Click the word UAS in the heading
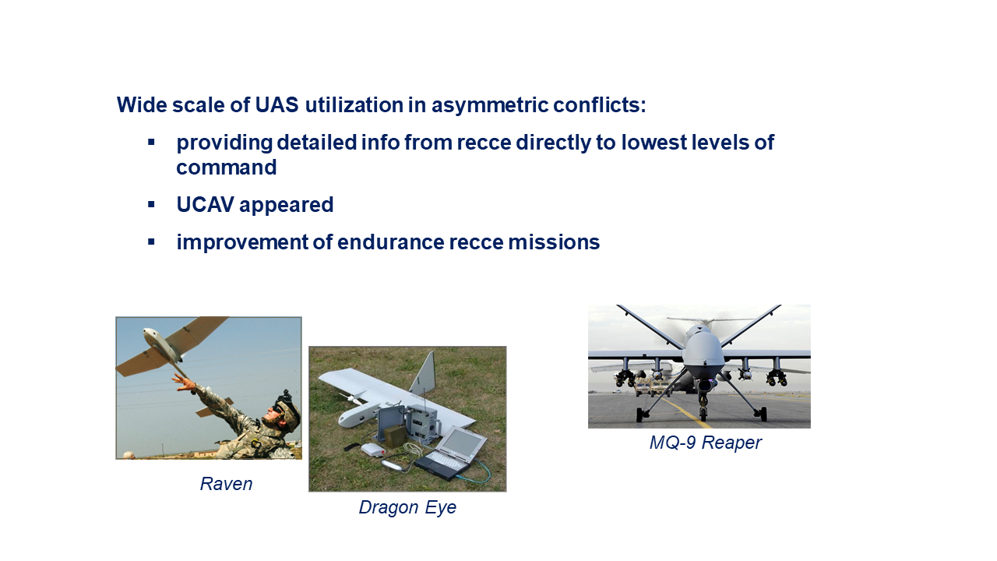[277, 105]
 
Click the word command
[227, 168]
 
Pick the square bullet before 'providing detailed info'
[151, 143]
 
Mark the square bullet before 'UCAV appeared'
[151, 205]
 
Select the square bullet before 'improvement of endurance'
[151, 242]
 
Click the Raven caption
[226, 484]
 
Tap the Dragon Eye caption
[407, 507]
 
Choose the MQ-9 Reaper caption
[706, 443]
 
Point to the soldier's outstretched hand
[184, 382]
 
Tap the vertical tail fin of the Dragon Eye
[423, 372]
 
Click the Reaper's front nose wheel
[703, 414]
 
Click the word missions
[554, 242]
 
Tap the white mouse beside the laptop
[372, 450]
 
